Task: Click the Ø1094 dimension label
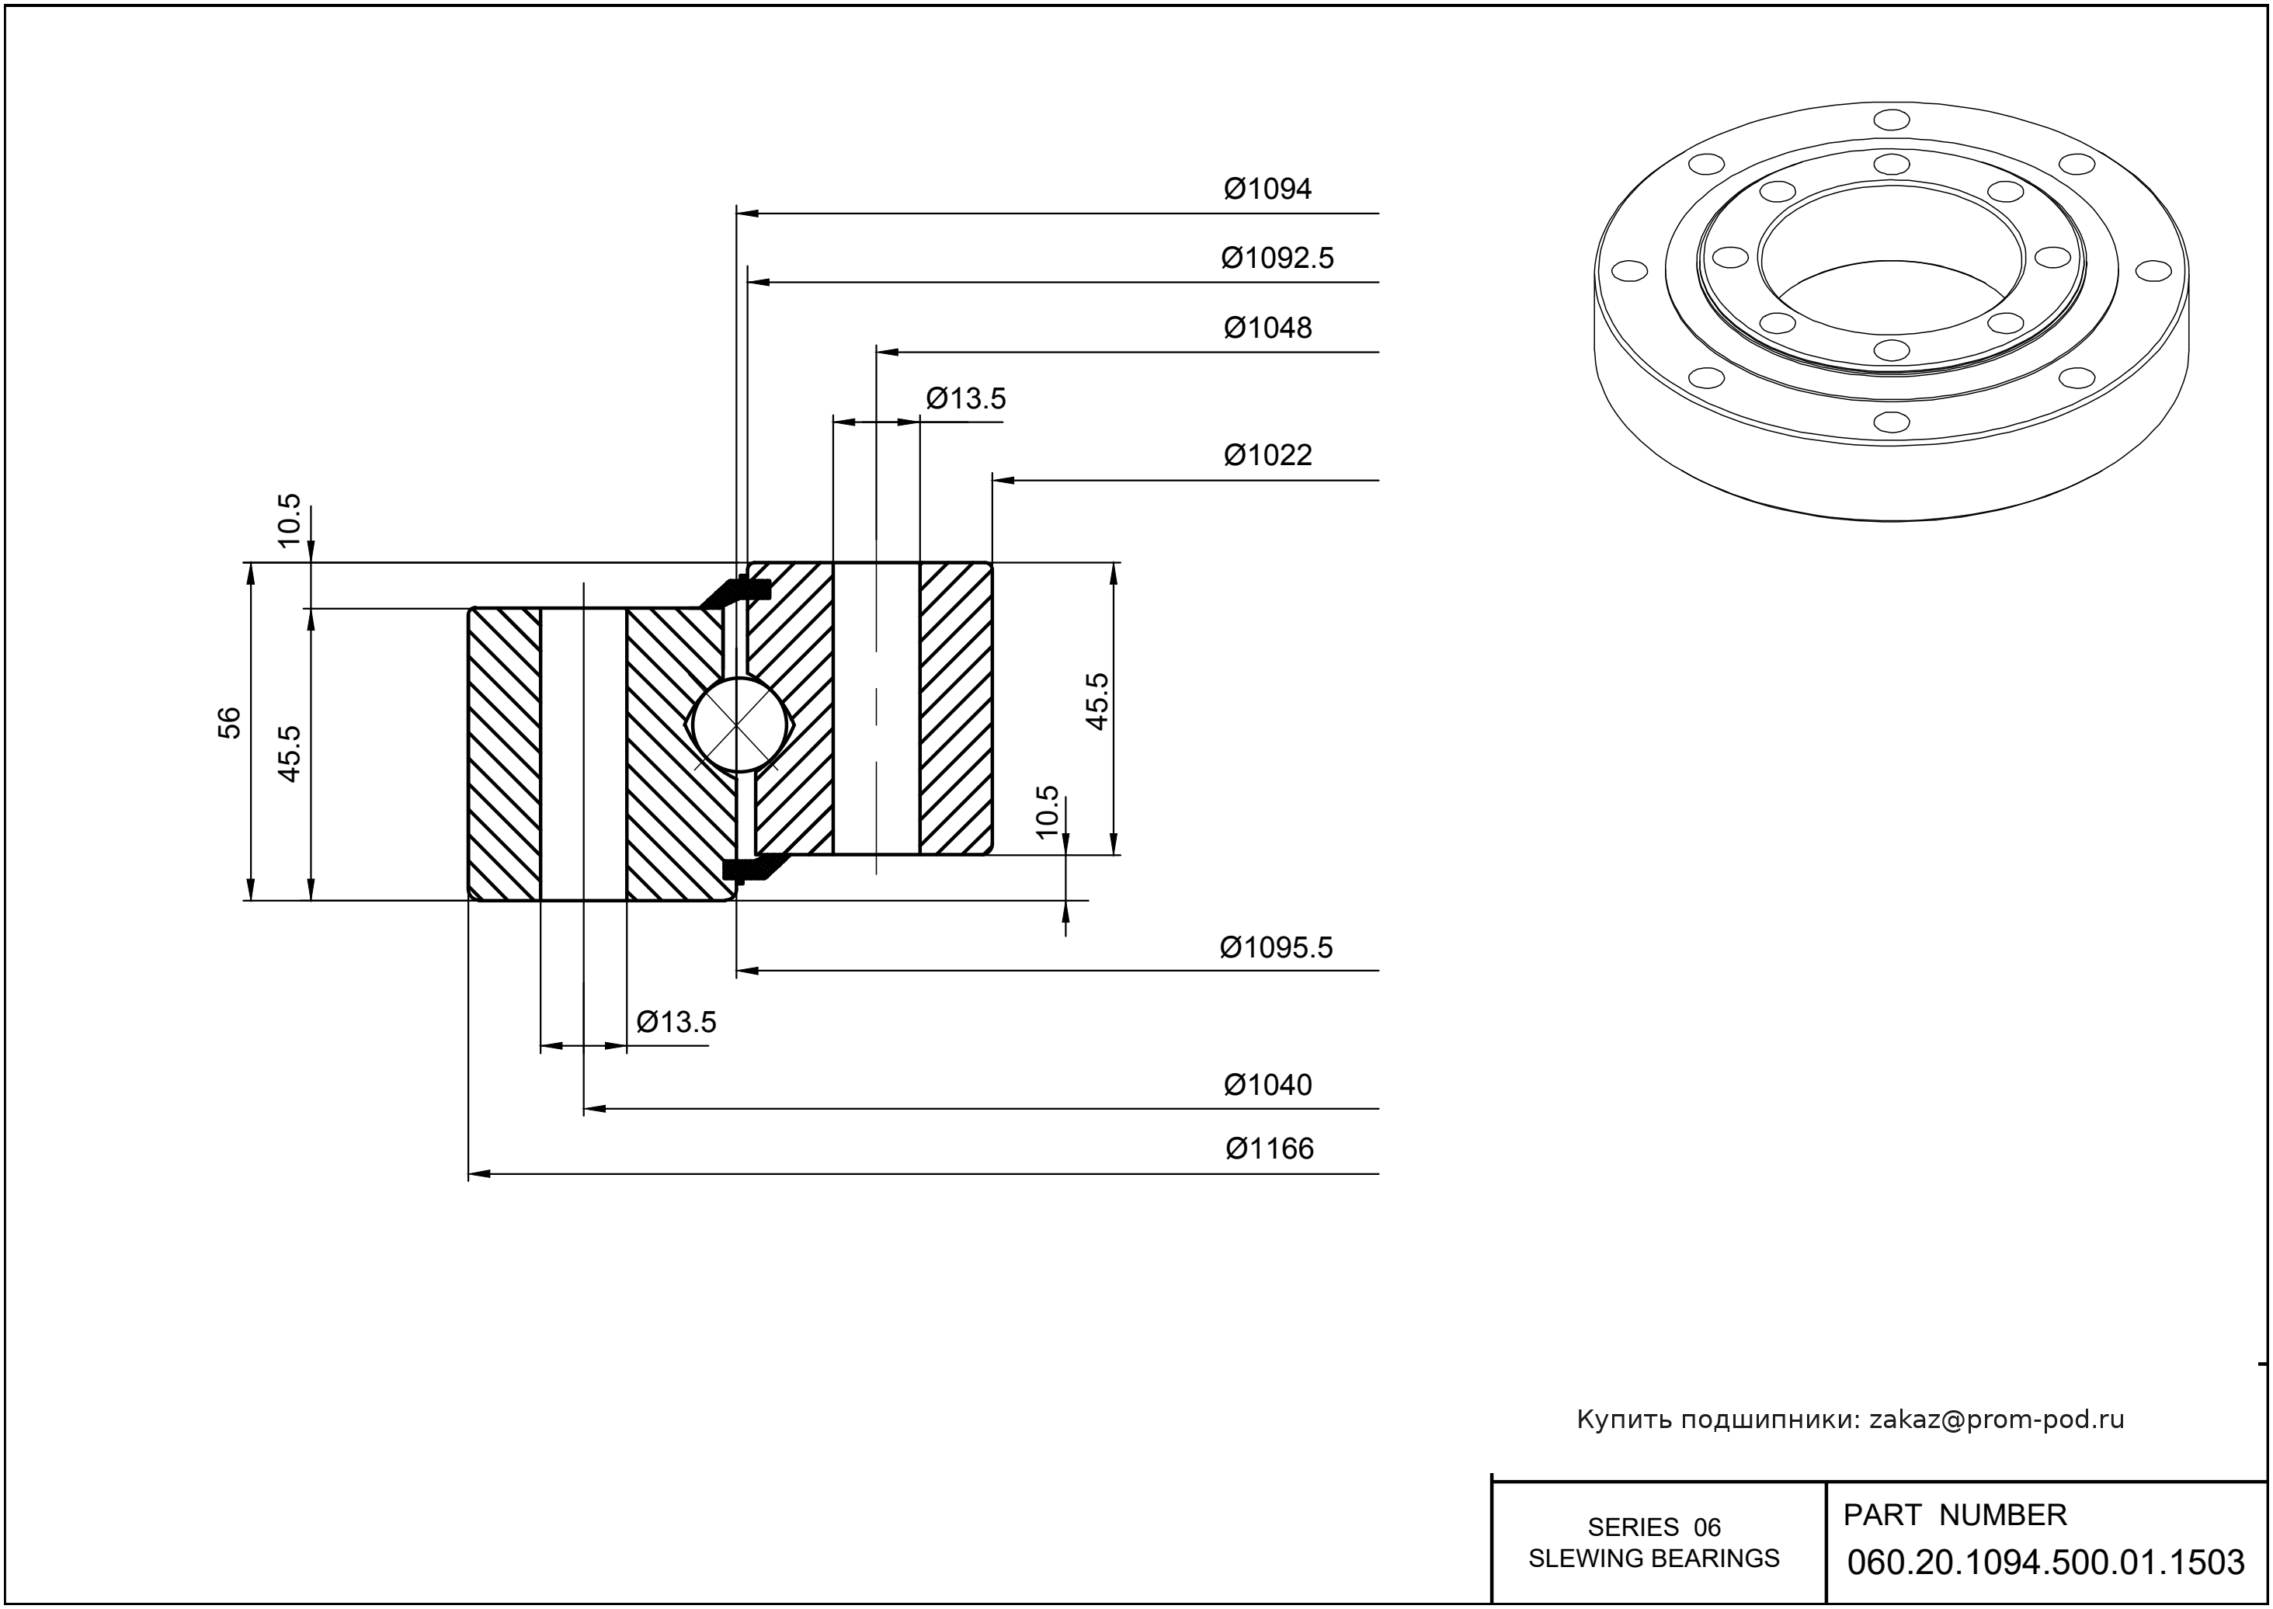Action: click(x=1267, y=188)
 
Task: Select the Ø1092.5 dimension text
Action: click(x=1277, y=258)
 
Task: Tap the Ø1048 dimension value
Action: click(x=1267, y=327)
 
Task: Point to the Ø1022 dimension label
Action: click(x=1267, y=455)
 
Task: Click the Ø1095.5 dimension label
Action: click(x=1276, y=947)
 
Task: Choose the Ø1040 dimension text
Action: click(x=1267, y=1085)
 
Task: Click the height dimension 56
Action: click(x=229, y=722)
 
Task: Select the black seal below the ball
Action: click(x=751, y=869)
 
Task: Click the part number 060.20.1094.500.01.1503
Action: click(x=2045, y=1562)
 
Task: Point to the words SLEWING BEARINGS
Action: click(x=1654, y=1559)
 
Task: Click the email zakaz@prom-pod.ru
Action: click(x=1996, y=1420)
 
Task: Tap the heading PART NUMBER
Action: click(x=1954, y=1515)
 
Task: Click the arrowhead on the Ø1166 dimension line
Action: click(x=480, y=1174)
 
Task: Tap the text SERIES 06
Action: click(x=1654, y=1527)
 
